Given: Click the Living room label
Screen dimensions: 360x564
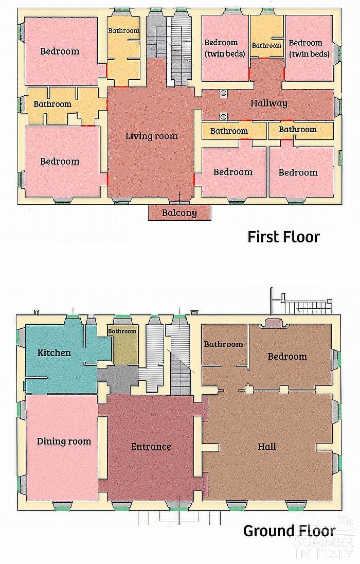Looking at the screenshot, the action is click(151, 136).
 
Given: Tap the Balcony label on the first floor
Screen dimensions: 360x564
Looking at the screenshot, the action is click(179, 213).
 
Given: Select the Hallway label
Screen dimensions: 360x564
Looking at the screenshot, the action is click(268, 103).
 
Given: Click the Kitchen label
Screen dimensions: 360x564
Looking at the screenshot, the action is click(54, 352).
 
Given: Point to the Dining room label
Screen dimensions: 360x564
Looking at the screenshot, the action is click(64, 442).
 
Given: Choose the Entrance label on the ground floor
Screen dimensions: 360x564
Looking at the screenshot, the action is click(151, 446).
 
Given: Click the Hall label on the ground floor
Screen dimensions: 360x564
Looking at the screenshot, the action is click(267, 446).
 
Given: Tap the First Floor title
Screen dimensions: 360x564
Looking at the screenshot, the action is click(283, 237).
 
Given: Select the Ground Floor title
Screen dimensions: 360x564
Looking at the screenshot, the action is click(289, 531).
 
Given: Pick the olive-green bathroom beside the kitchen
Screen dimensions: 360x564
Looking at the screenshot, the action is click(122, 345).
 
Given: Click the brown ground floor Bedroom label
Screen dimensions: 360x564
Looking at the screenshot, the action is click(287, 357).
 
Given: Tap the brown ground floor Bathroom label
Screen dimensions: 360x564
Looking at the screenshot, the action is click(223, 344).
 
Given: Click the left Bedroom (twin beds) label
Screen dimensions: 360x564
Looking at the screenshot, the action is click(224, 48).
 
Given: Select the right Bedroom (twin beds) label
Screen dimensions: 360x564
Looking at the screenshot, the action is click(309, 48).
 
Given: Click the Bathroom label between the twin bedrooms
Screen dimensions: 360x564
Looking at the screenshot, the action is click(266, 46).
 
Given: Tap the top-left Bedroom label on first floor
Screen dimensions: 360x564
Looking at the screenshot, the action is click(59, 51).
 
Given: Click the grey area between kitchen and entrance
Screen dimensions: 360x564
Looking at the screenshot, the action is click(118, 379).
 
